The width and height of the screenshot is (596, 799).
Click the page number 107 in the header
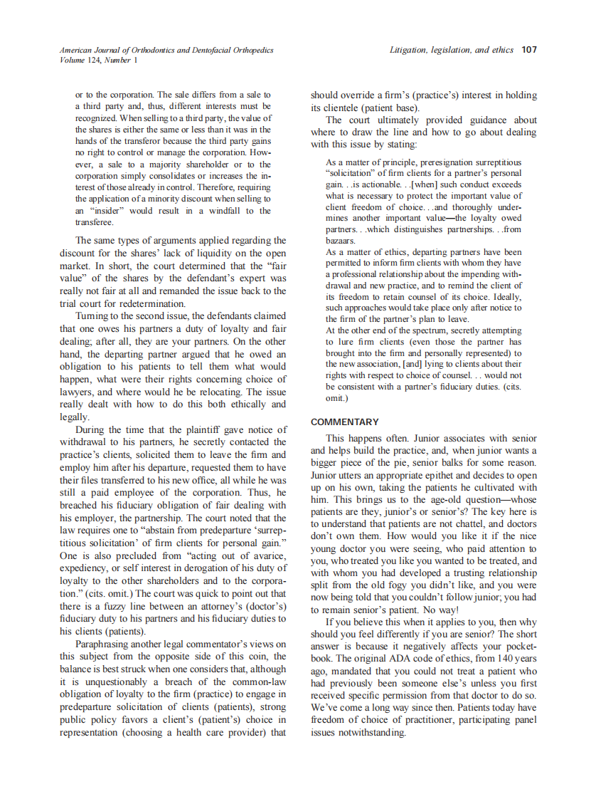528,51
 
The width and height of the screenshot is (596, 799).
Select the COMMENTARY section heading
345,422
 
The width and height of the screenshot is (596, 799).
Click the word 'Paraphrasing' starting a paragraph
107,644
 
